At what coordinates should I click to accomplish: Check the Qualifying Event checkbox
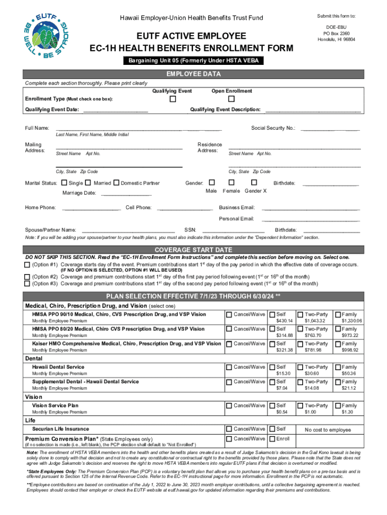[173, 100]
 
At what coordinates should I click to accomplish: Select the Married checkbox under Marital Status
[88, 183]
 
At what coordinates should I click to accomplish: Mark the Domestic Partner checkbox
[117, 183]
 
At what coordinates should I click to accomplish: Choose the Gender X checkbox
[254, 183]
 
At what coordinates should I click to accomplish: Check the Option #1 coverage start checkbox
[27, 265]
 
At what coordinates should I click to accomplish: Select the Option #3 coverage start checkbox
[27, 283]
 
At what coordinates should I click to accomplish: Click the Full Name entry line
[139, 130]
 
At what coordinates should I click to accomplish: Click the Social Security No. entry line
[330, 130]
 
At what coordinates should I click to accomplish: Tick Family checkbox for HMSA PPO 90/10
[338, 314]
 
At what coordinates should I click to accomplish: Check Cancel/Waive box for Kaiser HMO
[229, 344]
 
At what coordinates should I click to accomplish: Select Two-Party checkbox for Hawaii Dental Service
[301, 367]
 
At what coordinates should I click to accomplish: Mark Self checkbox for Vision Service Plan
[272, 405]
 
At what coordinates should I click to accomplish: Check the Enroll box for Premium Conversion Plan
[272, 439]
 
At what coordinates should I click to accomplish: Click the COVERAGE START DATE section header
[193, 249]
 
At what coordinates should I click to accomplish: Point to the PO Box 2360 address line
[336, 33]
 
